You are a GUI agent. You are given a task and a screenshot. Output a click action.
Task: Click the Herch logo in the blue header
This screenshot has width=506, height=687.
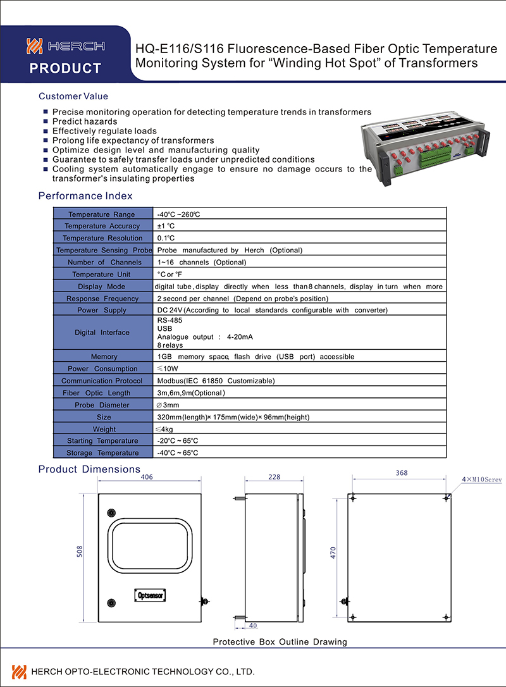click(x=65, y=46)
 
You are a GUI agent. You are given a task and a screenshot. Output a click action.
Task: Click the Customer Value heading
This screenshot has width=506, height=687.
click(x=73, y=96)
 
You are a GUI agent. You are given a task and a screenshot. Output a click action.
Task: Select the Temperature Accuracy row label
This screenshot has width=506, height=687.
click(x=102, y=226)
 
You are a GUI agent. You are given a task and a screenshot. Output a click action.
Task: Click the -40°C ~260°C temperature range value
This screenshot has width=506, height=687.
click(x=179, y=214)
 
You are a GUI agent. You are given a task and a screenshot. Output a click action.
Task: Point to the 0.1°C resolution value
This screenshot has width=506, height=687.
click(x=166, y=238)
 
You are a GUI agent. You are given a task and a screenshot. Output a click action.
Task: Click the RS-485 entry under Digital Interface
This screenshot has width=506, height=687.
click(x=170, y=321)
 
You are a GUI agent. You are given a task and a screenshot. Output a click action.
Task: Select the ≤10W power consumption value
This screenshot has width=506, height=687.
click(x=169, y=369)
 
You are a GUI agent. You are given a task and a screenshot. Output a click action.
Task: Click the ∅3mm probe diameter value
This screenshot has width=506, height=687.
click(x=168, y=405)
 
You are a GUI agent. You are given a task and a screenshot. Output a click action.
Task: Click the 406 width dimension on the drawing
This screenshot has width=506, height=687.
click(x=147, y=478)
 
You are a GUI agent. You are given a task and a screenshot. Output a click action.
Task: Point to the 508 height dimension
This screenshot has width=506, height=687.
click(x=80, y=552)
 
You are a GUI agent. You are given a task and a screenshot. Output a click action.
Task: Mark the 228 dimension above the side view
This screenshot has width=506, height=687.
click(x=275, y=478)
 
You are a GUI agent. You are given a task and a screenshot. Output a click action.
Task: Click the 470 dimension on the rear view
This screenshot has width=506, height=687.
click(x=333, y=552)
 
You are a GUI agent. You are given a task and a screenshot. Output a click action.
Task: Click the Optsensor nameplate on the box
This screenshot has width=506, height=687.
click(x=151, y=595)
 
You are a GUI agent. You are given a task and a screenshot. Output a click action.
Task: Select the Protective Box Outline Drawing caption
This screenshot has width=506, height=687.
click(x=280, y=641)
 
